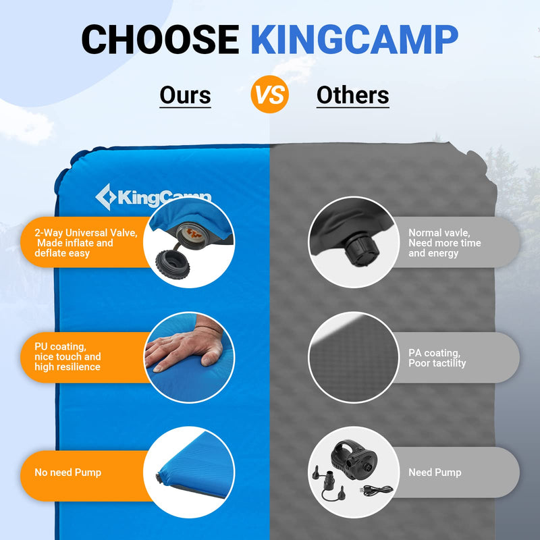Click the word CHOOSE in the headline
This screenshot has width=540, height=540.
160,39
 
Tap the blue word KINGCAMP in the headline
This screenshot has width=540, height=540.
354,39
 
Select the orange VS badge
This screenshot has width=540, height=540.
270,94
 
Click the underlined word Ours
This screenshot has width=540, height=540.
185,95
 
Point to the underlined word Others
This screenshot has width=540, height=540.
352,95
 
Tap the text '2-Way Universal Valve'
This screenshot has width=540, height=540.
86,233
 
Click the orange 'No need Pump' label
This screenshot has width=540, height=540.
68,473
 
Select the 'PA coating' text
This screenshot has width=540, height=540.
435,352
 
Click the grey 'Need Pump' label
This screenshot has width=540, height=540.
435,473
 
